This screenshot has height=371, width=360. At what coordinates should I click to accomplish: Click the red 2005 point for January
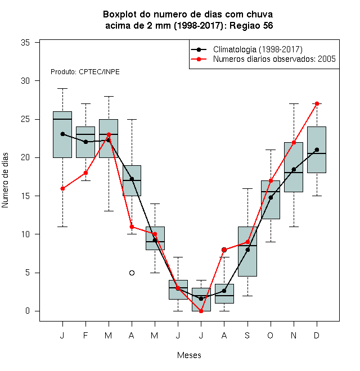(62, 188)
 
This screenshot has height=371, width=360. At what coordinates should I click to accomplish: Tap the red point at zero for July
(201, 311)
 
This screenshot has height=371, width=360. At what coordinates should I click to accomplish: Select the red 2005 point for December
(317, 103)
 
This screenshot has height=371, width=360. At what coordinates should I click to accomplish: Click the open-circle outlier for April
(132, 273)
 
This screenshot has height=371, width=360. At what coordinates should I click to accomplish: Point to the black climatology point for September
(247, 250)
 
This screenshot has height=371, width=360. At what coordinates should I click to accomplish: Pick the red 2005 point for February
(85, 173)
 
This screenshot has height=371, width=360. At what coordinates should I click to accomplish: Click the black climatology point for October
(271, 197)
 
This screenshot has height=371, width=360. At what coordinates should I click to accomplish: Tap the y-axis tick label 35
(25, 43)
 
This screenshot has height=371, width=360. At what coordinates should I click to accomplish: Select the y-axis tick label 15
(25, 196)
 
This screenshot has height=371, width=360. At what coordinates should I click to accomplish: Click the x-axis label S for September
(247, 335)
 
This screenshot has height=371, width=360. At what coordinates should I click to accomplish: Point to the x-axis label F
(85, 335)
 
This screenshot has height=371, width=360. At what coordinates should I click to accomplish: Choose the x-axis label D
(317, 335)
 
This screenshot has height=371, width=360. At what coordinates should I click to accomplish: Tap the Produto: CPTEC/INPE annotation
(85, 72)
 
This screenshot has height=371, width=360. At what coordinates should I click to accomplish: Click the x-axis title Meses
(189, 355)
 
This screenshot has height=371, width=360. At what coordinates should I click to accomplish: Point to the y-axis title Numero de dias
(5, 180)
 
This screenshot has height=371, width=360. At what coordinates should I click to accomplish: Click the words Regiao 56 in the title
(251, 25)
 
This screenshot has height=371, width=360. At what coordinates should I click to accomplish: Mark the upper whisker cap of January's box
(62, 88)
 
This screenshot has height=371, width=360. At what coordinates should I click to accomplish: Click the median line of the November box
(294, 173)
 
